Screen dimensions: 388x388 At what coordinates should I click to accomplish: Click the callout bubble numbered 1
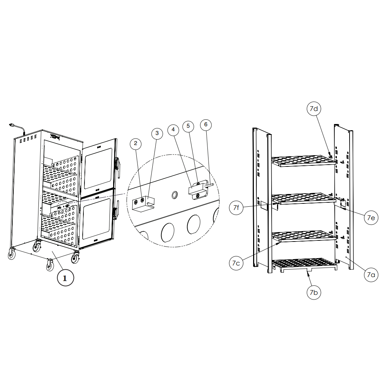(x=65, y=278)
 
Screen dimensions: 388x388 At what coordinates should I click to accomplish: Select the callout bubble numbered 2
(x=136, y=144)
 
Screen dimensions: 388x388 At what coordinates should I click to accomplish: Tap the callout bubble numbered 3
(x=157, y=133)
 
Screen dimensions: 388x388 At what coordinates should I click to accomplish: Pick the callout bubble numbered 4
(x=173, y=130)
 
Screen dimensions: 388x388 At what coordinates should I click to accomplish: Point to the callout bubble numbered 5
(x=188, y=126)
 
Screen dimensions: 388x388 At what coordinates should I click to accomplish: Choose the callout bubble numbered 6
(x=206, y=124)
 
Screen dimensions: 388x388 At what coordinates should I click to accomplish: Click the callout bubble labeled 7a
(x=371, y=275)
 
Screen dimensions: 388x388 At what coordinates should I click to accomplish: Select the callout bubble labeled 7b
(x=314, y=293)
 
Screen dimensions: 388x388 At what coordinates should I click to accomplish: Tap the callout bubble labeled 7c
(x=236, y=263)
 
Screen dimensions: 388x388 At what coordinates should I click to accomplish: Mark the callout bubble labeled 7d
(x=314, y=109)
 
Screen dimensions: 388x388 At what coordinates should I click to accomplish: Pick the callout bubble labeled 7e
(x=371, y=218)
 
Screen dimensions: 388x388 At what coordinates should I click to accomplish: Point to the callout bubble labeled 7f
(x=236, y=207)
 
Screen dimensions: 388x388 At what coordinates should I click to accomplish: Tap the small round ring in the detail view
(x=175, y=195)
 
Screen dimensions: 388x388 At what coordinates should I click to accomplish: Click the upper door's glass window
(x=98, y=169)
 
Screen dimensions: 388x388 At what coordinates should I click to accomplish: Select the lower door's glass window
(x=96, y=219)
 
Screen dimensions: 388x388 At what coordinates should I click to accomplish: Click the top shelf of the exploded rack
(x=304, y=161)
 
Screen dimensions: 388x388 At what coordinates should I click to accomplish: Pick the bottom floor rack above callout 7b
(x=304, y=265)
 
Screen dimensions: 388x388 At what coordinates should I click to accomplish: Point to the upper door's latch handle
(x=117, y=167)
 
